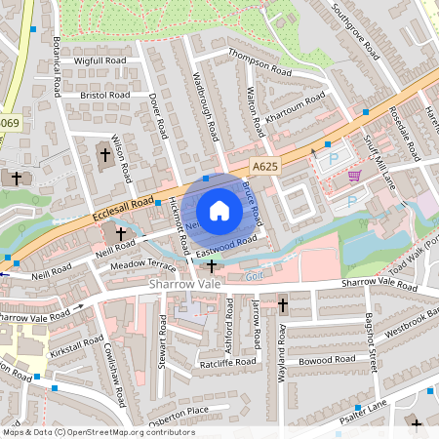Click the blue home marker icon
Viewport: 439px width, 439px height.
[219, 211]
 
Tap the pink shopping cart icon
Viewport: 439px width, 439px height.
[354, 176]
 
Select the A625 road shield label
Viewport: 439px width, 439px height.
[262, 168]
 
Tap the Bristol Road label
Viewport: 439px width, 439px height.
[104, 96]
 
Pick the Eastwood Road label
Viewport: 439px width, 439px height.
[225, 245]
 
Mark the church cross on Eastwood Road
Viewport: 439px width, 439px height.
[211, 265]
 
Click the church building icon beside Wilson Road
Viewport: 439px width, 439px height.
[105, 154]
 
